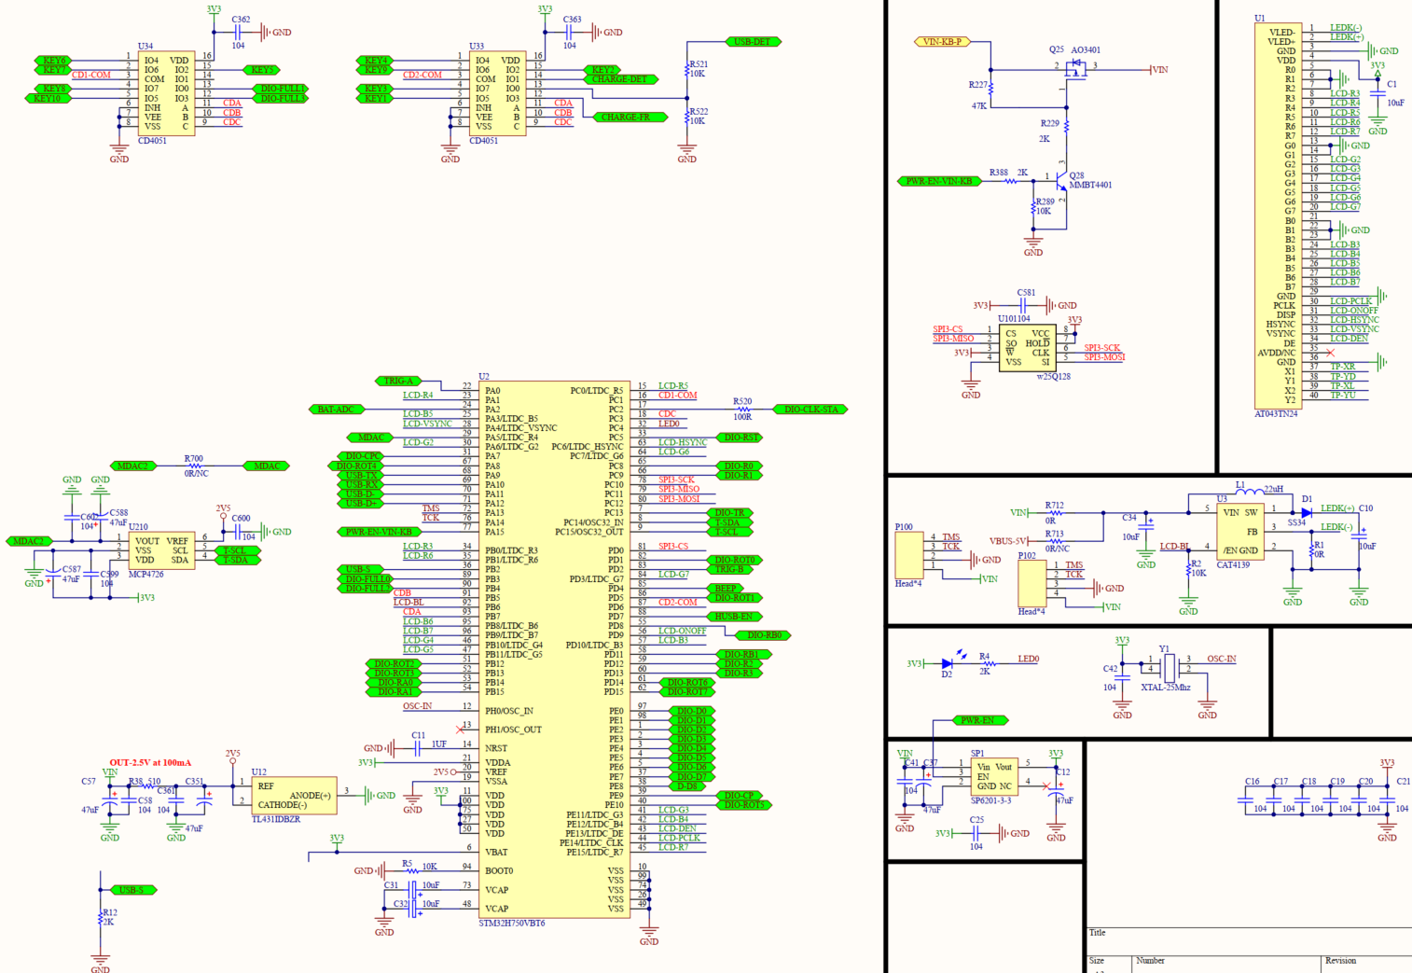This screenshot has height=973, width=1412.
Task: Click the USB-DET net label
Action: (x=753, y=42)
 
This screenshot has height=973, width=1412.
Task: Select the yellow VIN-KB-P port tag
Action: (x=942, y=42)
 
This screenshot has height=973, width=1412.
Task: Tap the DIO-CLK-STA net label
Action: (x=810, y=410)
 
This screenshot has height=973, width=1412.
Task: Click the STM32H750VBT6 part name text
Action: (x=512, y=924)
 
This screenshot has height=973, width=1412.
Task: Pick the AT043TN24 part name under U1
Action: (x=1276, y=413)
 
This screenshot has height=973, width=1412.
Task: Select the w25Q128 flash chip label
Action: (x=1053, y=377)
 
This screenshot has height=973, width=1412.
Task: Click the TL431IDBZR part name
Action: (x=276, y=820)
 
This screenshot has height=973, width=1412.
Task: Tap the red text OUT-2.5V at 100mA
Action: (x=150, y=763)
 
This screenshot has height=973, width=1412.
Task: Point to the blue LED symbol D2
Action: (x=948, y=663)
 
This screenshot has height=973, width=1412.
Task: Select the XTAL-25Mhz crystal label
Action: (x=1165, y=688)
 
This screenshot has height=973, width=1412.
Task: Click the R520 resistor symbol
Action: (x=742, y=410)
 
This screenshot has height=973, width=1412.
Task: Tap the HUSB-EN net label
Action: (x=733, y=617)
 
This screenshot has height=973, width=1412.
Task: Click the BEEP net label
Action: (x=726, y=589)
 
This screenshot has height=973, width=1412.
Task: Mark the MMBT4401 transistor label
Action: (x=1090, y=185)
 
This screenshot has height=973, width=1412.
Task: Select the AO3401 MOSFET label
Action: (x=1086, y=50)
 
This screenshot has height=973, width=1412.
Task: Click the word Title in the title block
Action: (x=1098, y=933)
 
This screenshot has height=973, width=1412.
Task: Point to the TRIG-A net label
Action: (x=398, y=381)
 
